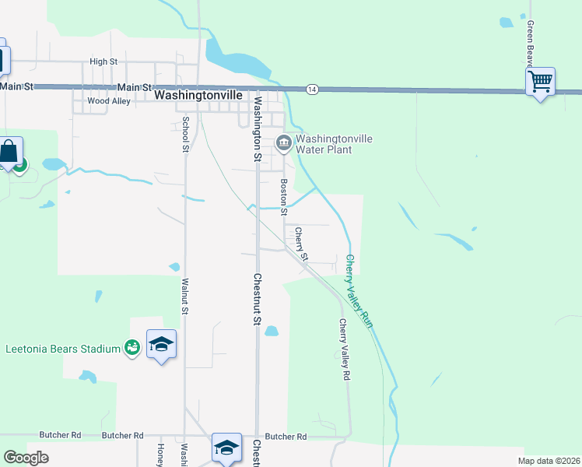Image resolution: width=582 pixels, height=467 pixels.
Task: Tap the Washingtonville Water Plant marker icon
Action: coord(284,141)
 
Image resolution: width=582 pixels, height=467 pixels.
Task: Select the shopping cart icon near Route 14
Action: coord(540,80)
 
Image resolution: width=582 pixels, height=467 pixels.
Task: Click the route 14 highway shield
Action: coord(311,90)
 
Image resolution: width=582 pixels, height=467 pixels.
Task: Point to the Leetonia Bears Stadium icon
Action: coord(131,348)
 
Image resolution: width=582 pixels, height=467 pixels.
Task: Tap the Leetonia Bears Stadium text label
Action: coord(63,348)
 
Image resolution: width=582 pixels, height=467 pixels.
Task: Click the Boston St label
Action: coord(284,198)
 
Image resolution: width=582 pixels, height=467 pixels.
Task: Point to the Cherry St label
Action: coord(301,244)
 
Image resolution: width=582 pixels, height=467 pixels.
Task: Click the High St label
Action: coord(103,61)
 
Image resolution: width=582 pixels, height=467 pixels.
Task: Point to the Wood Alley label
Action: coord(109,101)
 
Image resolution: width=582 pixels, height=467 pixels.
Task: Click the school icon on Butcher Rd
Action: coord(226,448)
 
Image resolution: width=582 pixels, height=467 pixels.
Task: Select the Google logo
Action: coord(26,458)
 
